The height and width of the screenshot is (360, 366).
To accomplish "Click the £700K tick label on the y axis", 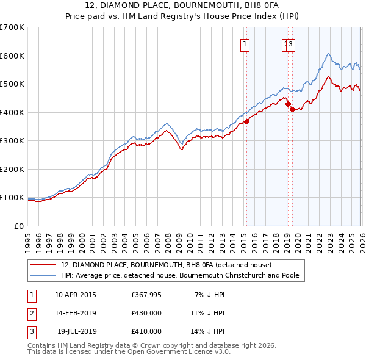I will tap(12, 27).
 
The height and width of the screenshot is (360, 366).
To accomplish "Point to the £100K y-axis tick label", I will tap(12, 198).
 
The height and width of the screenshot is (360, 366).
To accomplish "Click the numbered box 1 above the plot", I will tap(245, 43).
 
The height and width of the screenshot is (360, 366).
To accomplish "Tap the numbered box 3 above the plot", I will tap(292, 43).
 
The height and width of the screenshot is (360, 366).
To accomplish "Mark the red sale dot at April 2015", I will tap(246, 121).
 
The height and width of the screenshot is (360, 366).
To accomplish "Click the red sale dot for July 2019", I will tap(292, 110).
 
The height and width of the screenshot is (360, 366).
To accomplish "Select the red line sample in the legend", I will tap(44, 265).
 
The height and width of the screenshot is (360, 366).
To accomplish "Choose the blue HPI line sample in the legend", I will tap(44, 275).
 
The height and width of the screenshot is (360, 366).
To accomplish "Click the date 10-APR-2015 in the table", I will tap(75, 295).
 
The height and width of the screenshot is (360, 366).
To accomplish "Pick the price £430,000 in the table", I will tap(146, 313).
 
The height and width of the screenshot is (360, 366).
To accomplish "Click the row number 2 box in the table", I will tap(30, 313).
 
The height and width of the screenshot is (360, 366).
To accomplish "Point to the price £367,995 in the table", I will tap(146, 295).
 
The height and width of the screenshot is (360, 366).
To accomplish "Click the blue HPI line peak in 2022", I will tap(328, 54).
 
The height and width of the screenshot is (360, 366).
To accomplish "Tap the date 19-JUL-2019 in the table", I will tap(76, 331).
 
